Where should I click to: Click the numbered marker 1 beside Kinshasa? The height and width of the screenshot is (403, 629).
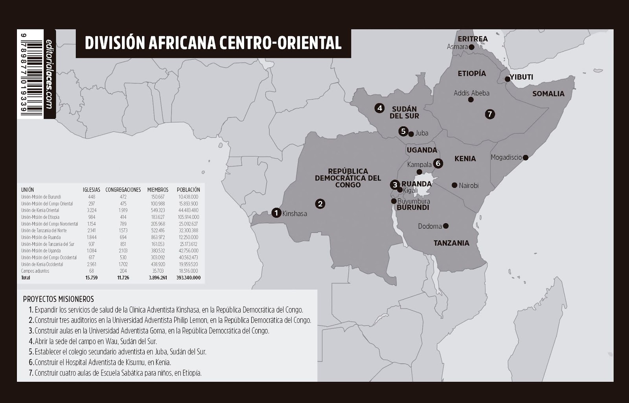pyautogui.click(x=276, y=213)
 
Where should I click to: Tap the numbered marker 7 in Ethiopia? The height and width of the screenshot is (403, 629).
pyautogui.click(x=489, y=114)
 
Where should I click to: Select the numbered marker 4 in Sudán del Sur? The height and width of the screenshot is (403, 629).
pyautogui.click(x=379, y=108)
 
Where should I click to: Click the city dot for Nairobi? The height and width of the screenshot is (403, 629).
pyautogui.click(x=454, y=185)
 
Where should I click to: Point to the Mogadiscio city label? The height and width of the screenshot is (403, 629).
pyautogui.click(x=506, y=157)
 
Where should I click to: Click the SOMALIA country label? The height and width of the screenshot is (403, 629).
pyautogui.click(x=548, y=94)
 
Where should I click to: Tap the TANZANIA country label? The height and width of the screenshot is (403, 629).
pyautogui.click(x=451, y=243)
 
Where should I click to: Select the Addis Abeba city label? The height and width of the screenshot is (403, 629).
pyautogui.click(x=471, y=93)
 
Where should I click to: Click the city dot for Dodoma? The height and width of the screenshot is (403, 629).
pyautogui.click(x=446, y=226)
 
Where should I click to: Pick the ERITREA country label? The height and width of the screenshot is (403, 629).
pyautogui.click(x=473, y=39)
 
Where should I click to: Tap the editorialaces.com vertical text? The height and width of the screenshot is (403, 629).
pyautogui.click(x=49, y=74)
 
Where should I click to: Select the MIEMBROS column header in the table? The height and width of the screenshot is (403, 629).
pyautogui.click(x=158, y=190)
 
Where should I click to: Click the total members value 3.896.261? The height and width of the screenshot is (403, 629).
pyautogui.click(x=158, y=278)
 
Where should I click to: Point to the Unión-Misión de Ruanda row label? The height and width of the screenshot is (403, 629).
pyautogui.click(x=41, y=237)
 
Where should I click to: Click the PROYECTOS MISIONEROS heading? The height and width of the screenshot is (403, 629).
pyautogui.click(x=59, y=299)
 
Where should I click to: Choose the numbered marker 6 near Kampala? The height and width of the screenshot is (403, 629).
pyautogui.click(x=438, y=163)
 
